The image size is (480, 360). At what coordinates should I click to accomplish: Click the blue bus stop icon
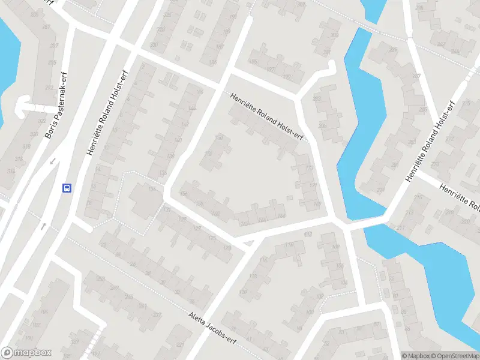coord(67,187)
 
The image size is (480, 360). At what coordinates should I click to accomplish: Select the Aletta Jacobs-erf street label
coord(214,328)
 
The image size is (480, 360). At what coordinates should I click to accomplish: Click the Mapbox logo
coord(26,353)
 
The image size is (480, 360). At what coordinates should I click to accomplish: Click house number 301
coord(326,52)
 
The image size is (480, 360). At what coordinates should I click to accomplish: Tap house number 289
coord(393,49)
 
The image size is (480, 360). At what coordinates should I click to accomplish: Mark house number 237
coord(157,315)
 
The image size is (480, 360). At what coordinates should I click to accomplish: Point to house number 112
coord(308,235)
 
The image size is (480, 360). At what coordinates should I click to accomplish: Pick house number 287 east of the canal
coord(416,76)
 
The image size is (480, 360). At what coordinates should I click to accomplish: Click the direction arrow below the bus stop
coord(44,227)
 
